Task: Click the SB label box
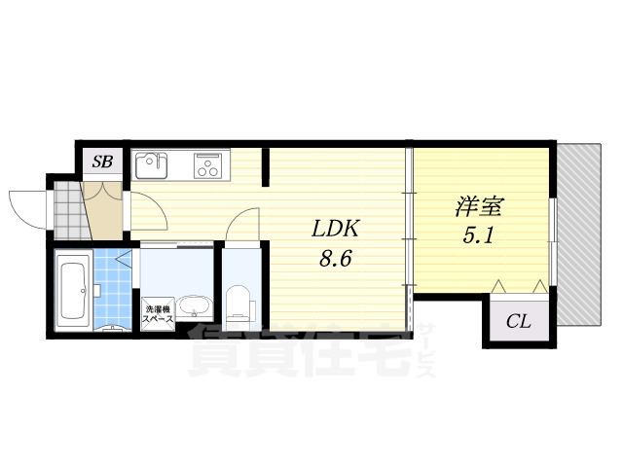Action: (102, 161)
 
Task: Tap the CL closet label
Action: (519, 321)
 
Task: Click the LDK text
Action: (336, 229)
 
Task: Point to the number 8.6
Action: (336, 260)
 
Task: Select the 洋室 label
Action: (479, 206)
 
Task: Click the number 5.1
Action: (478, 236)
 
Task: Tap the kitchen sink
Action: (152, 165)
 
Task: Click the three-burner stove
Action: (206, 165)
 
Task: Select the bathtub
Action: (72, 290)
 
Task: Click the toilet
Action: (237, 305)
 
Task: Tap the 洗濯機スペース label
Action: (158, 313)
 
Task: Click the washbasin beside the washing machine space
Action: (194, 306)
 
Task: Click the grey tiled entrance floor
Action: (69, 210)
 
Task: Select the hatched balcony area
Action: (578, 234)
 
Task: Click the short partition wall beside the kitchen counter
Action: (266, 166)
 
